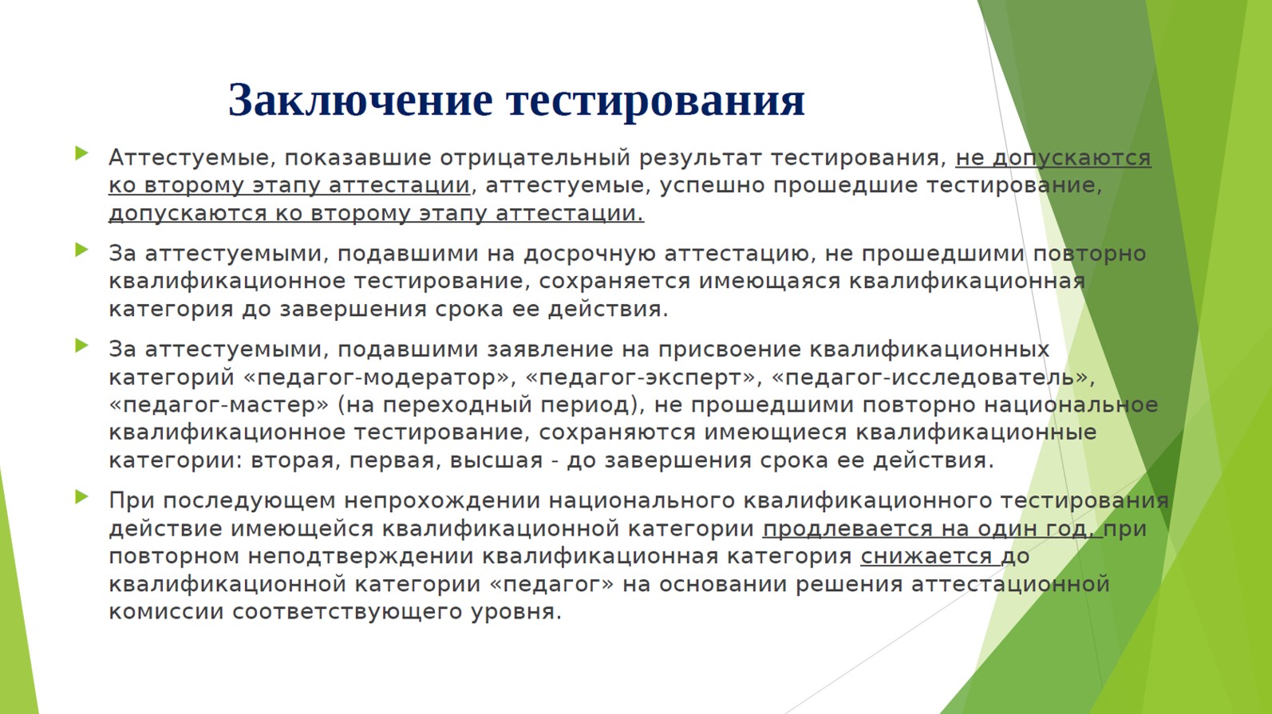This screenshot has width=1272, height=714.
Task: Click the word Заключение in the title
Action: tap(360, 101)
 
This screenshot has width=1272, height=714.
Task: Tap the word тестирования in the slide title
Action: tap(655, 101)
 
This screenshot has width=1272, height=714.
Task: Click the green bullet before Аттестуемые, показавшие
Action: tap(81, 153)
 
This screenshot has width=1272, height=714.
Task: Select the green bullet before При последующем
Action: tap(81, 497)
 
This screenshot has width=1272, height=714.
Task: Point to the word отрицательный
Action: tap(535, 158)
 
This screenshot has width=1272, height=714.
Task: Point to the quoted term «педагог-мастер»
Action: tap(219, 405)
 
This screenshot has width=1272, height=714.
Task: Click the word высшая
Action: tap(496, 460)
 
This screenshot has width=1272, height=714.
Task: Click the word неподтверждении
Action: tap(361, 557)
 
